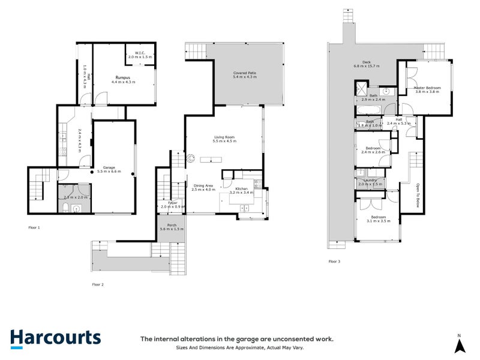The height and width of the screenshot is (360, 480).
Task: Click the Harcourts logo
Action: (x=55, y=338)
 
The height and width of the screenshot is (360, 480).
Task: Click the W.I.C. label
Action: (x=140, y=52)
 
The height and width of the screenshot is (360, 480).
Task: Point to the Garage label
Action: (x=109, y=167)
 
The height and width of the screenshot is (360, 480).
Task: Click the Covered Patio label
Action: (x=244, y=73)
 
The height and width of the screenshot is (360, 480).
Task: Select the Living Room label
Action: (x=224, y=137)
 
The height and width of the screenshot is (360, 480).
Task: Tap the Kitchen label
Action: (x=242, y=189)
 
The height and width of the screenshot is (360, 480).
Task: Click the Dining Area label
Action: (x=203, y=186)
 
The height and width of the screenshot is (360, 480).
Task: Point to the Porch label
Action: (x=172, y=226)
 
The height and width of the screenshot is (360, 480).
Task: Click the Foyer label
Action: (x=172, y=203)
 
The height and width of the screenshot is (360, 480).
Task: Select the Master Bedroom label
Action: (x=427, y=88)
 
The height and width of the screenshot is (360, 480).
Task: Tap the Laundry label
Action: (x=370, y=181)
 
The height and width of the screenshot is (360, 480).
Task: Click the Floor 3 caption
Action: (x=334, y=262)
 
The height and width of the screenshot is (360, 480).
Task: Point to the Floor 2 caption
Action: (x=98, y=284)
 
